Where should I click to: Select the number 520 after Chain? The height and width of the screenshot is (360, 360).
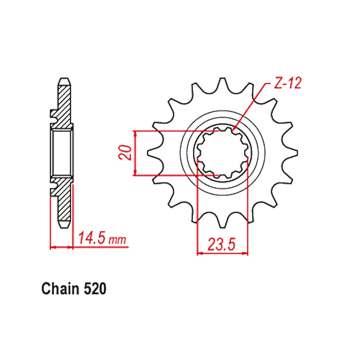95,289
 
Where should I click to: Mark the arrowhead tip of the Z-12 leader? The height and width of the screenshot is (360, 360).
233,129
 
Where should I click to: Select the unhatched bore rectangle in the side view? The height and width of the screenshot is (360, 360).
61,153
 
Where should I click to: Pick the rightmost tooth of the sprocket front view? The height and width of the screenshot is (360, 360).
294,153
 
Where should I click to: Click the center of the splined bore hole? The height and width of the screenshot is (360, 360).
223,153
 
